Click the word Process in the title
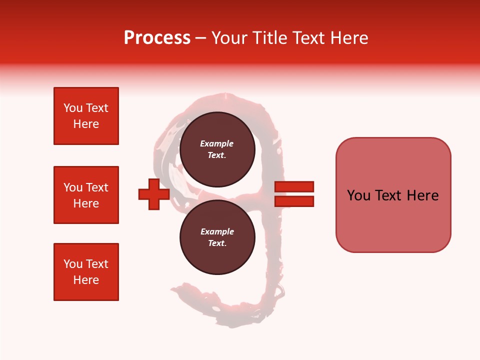click(x=157, y=38)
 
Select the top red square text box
click(x=86, y=116)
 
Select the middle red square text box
click(x=86, y=195)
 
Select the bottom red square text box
click(x=86, y=272)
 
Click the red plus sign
click(x=153, y=194)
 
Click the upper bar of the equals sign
click(x=294, y=186)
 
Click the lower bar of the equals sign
click(x=294, y=201)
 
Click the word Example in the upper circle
click(x=216, y=143)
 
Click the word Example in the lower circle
click(x=217, y=231)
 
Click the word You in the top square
click(x=73, y=108)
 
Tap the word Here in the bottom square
click(x=86, y=280)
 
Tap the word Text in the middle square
click(x=97, y=187)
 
